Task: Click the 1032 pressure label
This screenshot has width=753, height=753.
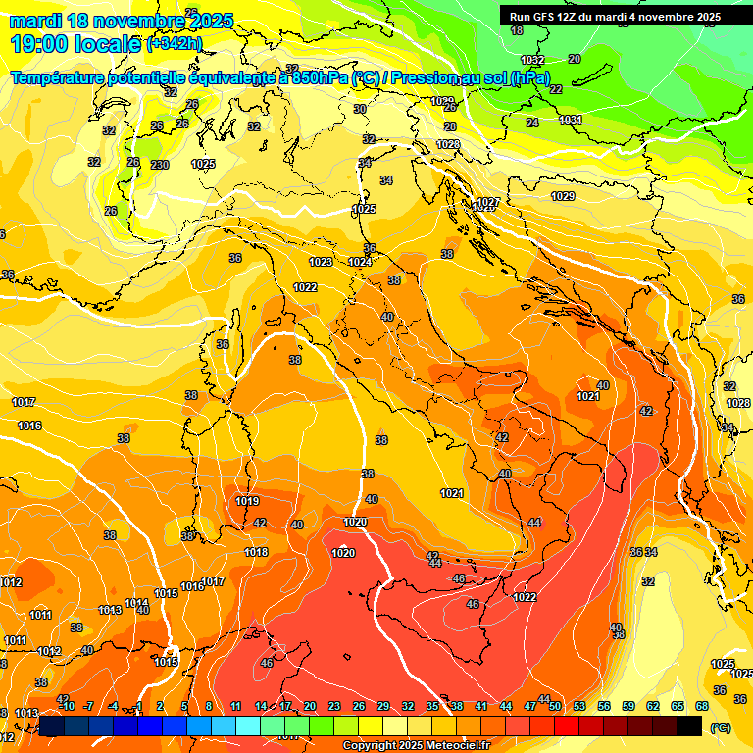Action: coord(532,60)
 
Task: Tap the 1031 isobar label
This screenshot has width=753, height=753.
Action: coord(571,120)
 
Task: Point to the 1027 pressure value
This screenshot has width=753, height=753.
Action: coord(487,202)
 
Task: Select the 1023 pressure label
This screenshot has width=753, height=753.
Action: coord(321,262)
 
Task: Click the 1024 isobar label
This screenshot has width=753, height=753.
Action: coord(360,262)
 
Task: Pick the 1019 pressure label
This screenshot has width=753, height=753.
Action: coord(247,501)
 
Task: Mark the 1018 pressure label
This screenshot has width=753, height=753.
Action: coord(256,552)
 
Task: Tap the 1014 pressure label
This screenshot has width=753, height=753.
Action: coord(137,603)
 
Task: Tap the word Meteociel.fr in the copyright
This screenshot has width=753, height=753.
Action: coord(450,746)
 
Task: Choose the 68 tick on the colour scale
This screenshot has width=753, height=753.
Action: coord(702,706)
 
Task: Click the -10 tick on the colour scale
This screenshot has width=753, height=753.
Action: coord(65,706)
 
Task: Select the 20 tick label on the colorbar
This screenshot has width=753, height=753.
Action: coord(310,706)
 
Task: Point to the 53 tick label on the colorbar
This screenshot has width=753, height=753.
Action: coord(579,706)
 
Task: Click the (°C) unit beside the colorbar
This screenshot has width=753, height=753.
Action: coord(721,728)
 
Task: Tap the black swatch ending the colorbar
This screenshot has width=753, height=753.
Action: coord(689,726)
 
